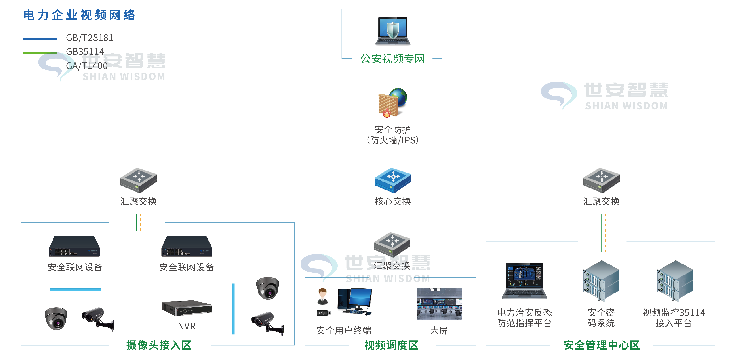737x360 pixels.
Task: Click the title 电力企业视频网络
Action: point(79,15)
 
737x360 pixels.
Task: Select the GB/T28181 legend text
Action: point(90,38)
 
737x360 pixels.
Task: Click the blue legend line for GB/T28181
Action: point(40,39)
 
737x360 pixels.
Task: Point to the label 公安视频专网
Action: point(393,59)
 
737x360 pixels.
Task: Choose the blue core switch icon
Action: point(393,180)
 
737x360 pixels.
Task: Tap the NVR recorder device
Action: point(187,308)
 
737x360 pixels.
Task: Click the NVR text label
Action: point(187,326)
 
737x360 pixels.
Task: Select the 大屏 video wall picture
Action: point(439,304)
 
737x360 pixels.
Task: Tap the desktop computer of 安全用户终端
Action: point(355,302)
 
